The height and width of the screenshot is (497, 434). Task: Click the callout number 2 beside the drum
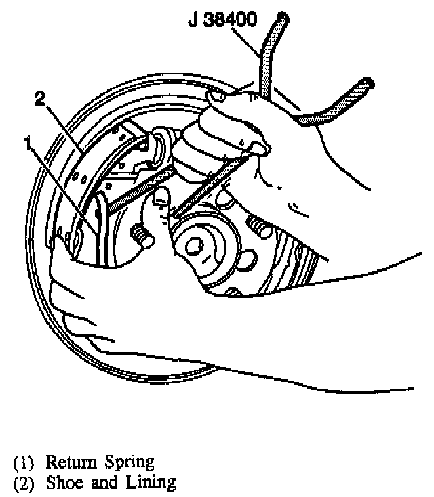click(x=40, y=100)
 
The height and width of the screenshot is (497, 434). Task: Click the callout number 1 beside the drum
click(x=26, y=143)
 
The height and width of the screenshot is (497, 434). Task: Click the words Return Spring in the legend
click(x=100, y=463)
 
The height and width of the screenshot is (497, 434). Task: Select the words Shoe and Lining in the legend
click(x=111, y=483)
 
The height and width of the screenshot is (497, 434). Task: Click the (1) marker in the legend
click(x=24, y=464)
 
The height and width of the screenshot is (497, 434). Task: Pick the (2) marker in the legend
click(x=24, y=483)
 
